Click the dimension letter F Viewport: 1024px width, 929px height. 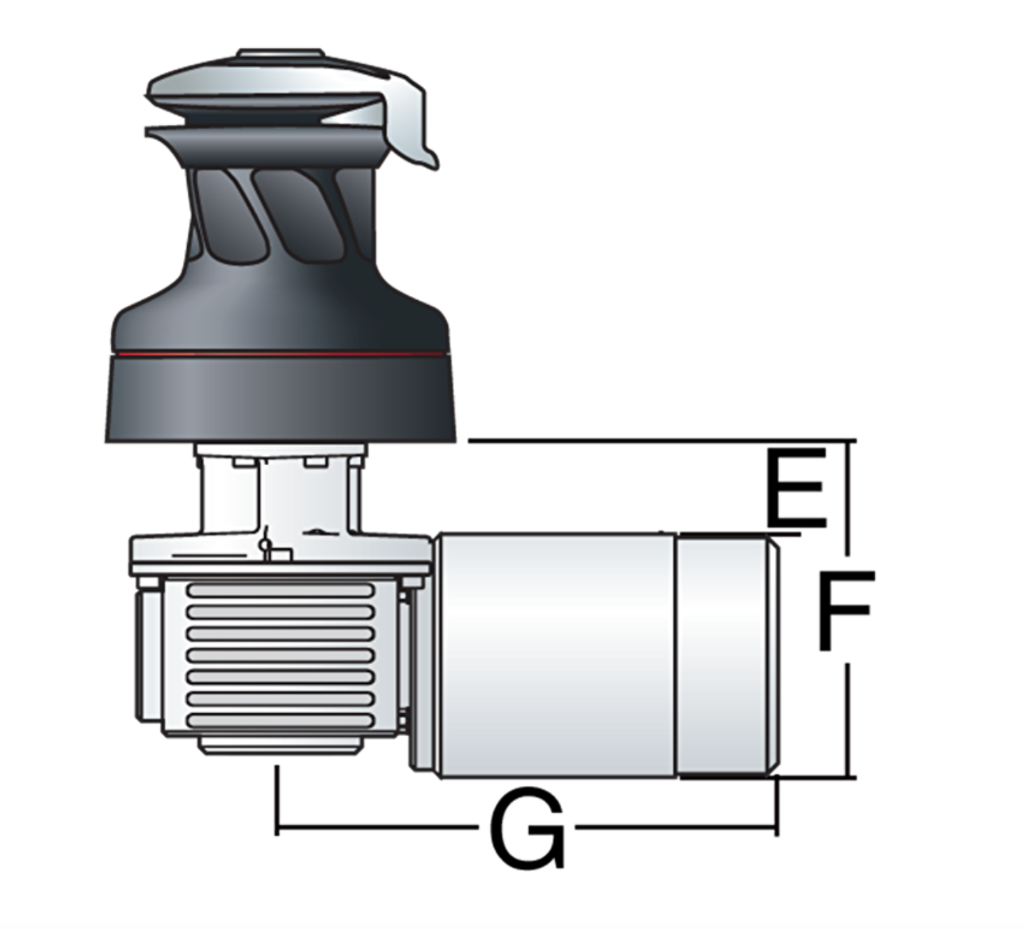tap(845, 611)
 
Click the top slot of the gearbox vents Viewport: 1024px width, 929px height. tap(280, 590)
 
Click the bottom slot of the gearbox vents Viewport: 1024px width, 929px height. tap(280, 721)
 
